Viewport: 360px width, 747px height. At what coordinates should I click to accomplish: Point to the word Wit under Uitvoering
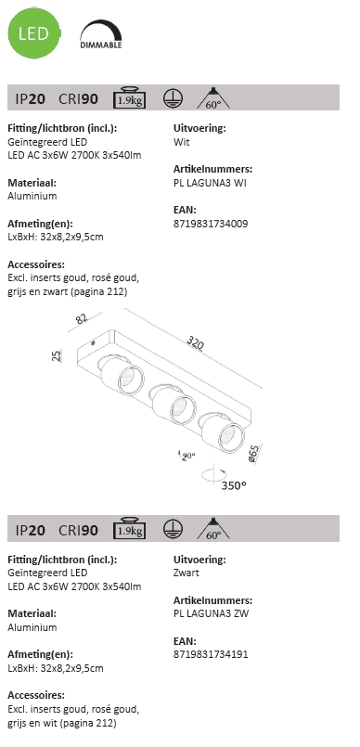tap(182, 143)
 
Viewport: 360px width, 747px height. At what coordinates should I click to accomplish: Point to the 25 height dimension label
tap(57, 356)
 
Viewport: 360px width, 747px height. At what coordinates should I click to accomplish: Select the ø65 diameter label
tap(253, 454)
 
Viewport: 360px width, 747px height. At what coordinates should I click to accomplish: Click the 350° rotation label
tap(234, 484)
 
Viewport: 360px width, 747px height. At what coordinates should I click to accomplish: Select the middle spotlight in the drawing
tap(171, 403)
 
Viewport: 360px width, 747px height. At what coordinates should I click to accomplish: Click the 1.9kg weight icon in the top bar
tap(127, 99)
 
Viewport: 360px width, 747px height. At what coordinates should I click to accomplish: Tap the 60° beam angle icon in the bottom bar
tap(212, 529)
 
